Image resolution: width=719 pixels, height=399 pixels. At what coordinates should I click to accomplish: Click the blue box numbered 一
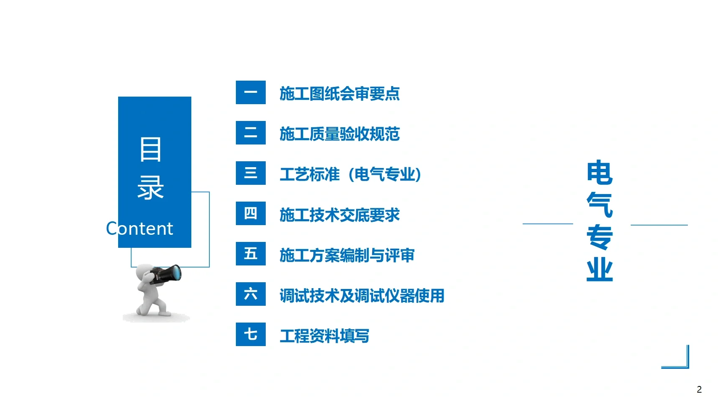(x=251, y=92)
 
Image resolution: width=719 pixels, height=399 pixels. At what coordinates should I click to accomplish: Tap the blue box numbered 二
(x=251, y=133)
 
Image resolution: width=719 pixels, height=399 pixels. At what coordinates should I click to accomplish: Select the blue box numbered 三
(x=251, y=173)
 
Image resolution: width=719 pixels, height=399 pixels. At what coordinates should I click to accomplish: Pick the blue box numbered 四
(x=251, y=213)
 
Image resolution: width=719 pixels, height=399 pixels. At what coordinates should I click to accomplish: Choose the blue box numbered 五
(x=251, y=254)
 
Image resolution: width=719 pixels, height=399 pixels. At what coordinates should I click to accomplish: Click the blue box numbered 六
(x=251, y=294)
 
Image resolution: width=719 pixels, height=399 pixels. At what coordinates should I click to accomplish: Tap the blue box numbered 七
(x=251, y=334)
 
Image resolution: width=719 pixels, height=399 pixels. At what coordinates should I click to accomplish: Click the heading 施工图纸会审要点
(x=339, y=94)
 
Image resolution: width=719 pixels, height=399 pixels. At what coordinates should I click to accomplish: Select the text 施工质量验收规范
(x=339, y=134)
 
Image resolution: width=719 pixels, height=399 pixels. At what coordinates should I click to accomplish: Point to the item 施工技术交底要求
(x=339, y=215)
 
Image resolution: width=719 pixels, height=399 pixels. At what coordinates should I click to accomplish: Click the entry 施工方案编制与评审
(x=347, y=255)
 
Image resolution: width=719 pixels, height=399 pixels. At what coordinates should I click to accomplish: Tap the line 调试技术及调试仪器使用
(x=362, y=296)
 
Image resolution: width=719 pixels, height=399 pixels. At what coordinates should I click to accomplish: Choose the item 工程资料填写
(x=324, y=336)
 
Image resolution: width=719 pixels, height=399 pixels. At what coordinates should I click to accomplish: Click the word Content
(x=139, y=229)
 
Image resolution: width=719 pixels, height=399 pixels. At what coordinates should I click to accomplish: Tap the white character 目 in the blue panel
(x=151, y=150)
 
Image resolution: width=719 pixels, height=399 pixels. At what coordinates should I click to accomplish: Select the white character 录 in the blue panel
(x=151, y=187)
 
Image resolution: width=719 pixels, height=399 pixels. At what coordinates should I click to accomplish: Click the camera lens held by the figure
(x=174, y=273)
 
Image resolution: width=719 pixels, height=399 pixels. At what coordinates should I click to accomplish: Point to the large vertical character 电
(x=599, y=172)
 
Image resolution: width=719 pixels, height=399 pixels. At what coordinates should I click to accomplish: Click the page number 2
(x=699, y=389)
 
